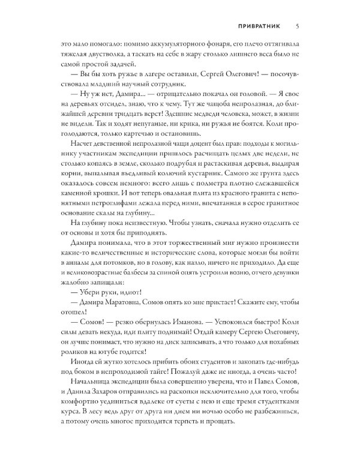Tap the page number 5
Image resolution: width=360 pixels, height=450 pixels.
pyautogui.click(x=298, y=26)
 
